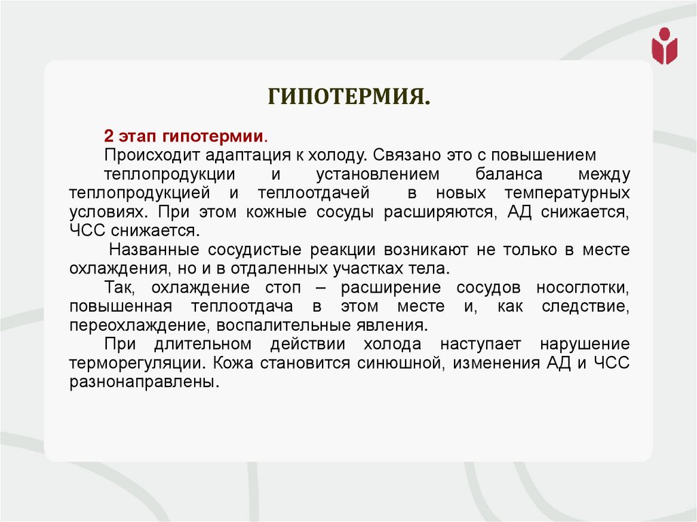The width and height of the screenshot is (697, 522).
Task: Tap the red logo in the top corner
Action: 664,46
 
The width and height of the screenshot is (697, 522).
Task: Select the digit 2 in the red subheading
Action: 108,134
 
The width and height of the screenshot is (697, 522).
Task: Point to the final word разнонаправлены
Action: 144,382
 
